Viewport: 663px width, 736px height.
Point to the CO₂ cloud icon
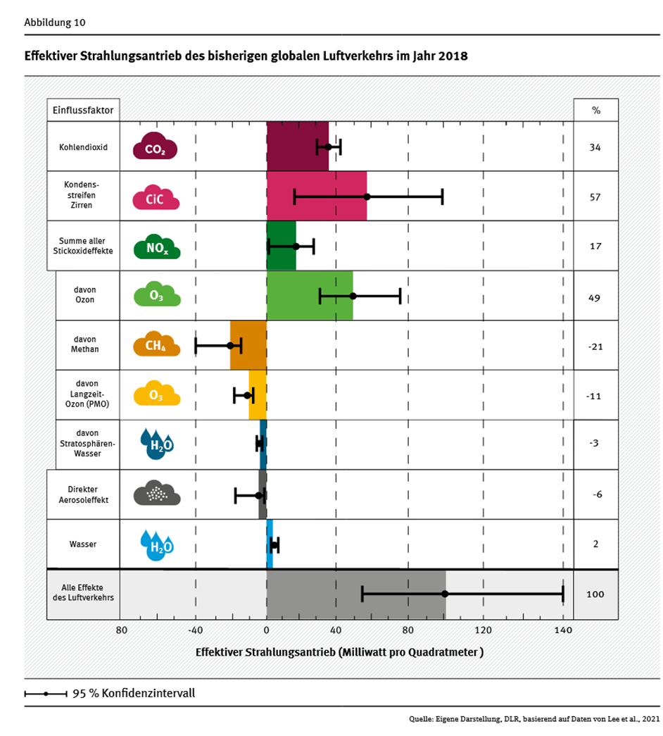coord(155,148)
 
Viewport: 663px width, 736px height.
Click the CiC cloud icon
coord(155,198)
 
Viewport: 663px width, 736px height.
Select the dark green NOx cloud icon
coord(156,247)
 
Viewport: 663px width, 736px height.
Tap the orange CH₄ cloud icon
coord(156,345)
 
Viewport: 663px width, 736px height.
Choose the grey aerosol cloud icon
coord(156,494)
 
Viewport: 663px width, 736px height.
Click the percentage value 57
coord(595,197)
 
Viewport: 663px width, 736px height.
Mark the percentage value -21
coord(595,346)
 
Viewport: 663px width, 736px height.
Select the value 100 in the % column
coord(595,594)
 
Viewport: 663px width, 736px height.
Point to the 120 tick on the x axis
coord(483,630)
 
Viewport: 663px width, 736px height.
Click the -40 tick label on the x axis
coord(195,630)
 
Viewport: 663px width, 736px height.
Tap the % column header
coord(595,111)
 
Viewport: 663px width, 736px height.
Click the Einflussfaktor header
coord(83,111)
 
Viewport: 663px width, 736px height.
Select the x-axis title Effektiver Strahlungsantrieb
coord(339,652)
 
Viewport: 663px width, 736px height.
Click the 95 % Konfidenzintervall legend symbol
coord(46,694)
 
